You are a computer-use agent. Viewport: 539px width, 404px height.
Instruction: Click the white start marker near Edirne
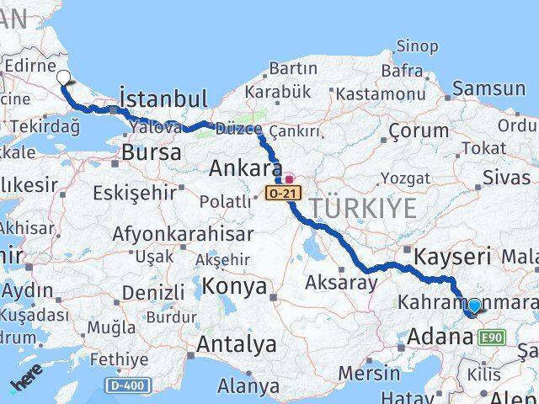[64, 78]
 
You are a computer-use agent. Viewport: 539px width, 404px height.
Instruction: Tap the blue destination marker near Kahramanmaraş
[475, 307]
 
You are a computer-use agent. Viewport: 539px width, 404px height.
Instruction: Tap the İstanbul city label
[163, 96]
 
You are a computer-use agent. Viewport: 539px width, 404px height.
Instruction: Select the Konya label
[234, 288]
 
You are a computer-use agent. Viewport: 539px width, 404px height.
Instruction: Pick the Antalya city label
[237, 344]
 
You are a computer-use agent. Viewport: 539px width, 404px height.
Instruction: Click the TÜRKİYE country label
[363, 208]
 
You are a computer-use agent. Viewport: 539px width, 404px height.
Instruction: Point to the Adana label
[440, 338]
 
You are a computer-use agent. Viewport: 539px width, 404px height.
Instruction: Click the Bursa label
[152, 153]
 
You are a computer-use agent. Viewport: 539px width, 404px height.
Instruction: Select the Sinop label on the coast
[417, 46]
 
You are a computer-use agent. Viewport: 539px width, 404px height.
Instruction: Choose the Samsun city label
[489, 89]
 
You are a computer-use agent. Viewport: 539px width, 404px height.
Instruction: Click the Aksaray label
[342, 283]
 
